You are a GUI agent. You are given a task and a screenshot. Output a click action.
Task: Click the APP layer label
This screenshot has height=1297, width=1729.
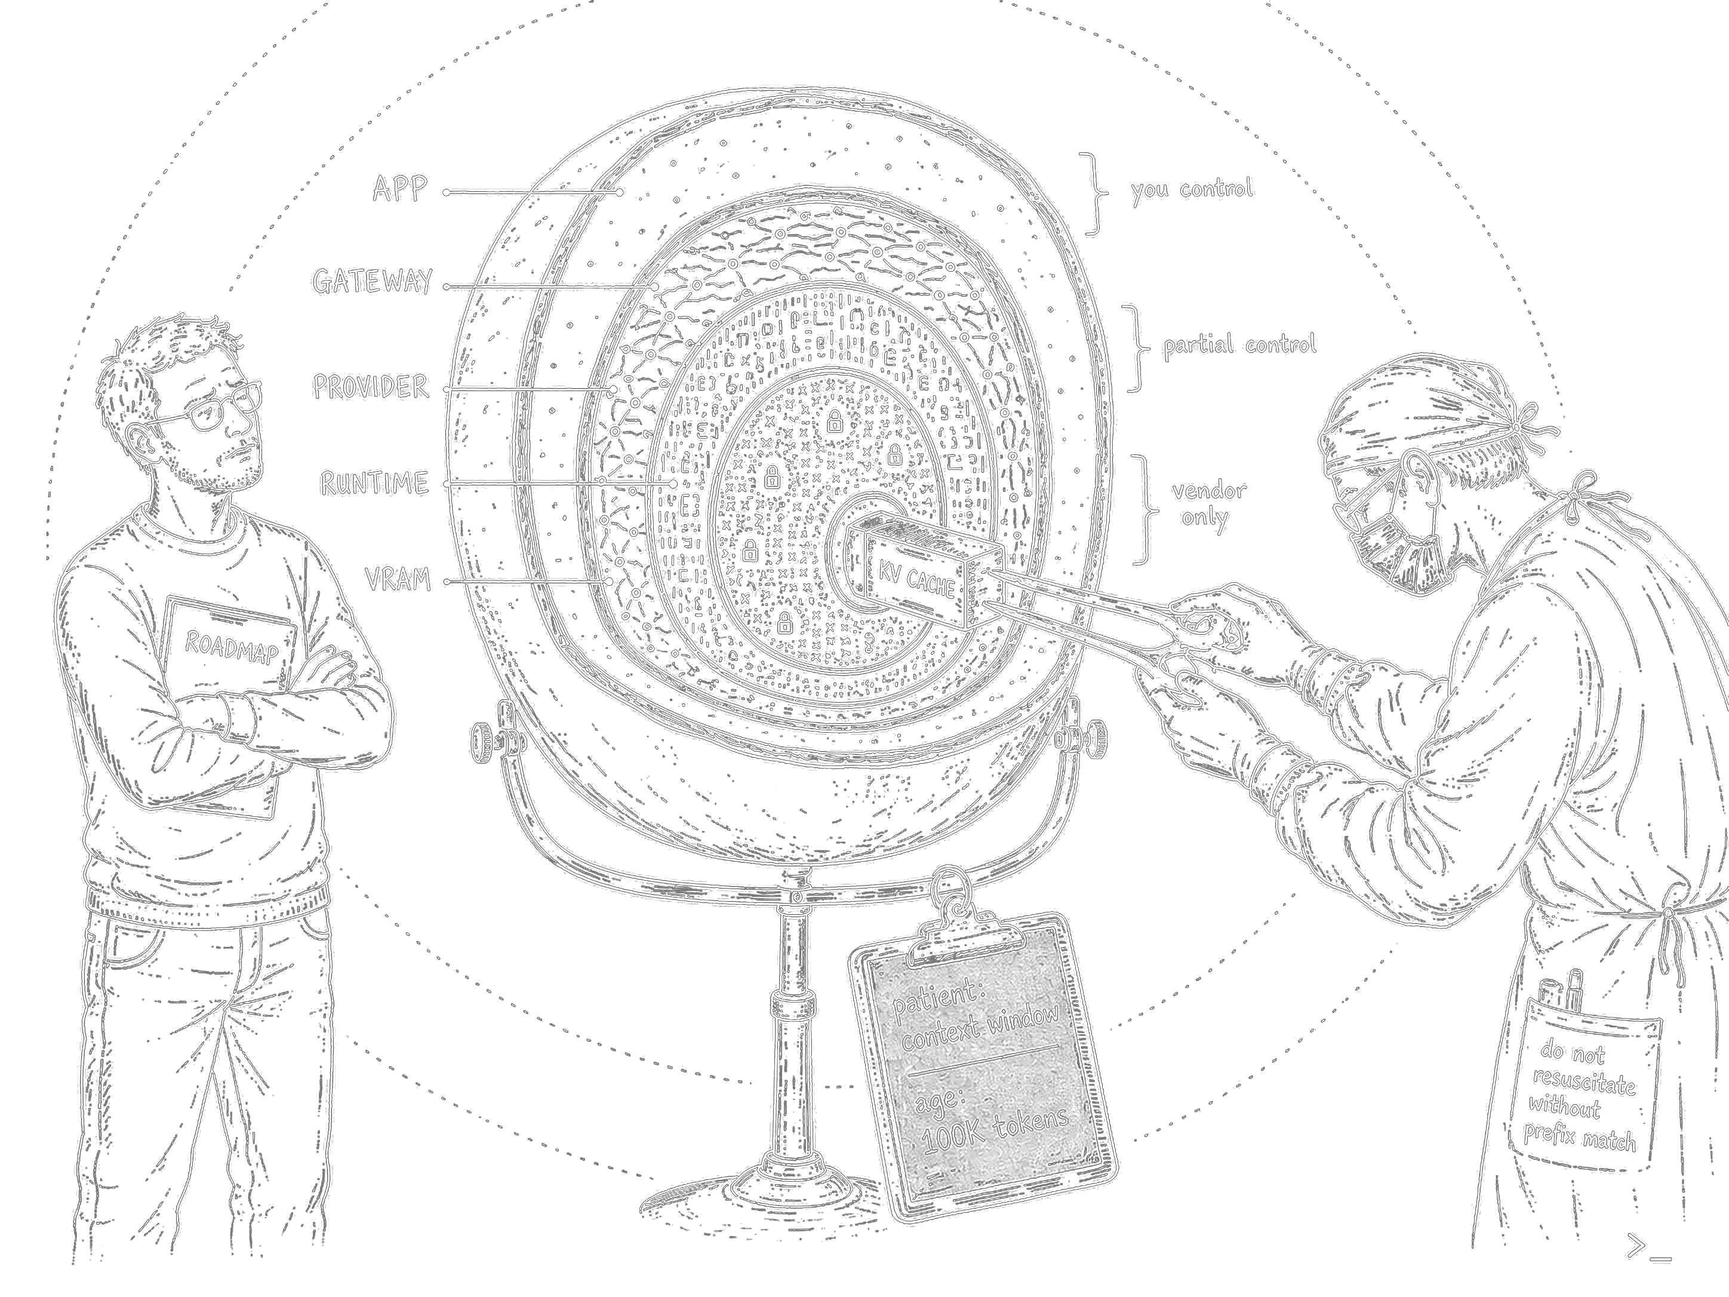(x=399, y=189)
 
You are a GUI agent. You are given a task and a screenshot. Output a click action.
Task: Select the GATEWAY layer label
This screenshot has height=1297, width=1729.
(x=372, y=281)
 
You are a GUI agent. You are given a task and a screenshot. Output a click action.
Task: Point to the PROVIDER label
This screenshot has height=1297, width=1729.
(x=371, y=386)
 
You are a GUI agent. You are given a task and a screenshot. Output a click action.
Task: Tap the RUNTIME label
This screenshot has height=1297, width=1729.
(x=374, y=483)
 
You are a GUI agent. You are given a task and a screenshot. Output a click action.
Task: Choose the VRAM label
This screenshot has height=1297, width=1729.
(x=398, y=579)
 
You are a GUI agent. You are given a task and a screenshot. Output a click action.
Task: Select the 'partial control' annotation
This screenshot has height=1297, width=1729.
(x=1239, y=345)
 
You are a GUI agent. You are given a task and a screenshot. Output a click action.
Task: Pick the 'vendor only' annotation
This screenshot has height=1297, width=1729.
(x=1208, y=503)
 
